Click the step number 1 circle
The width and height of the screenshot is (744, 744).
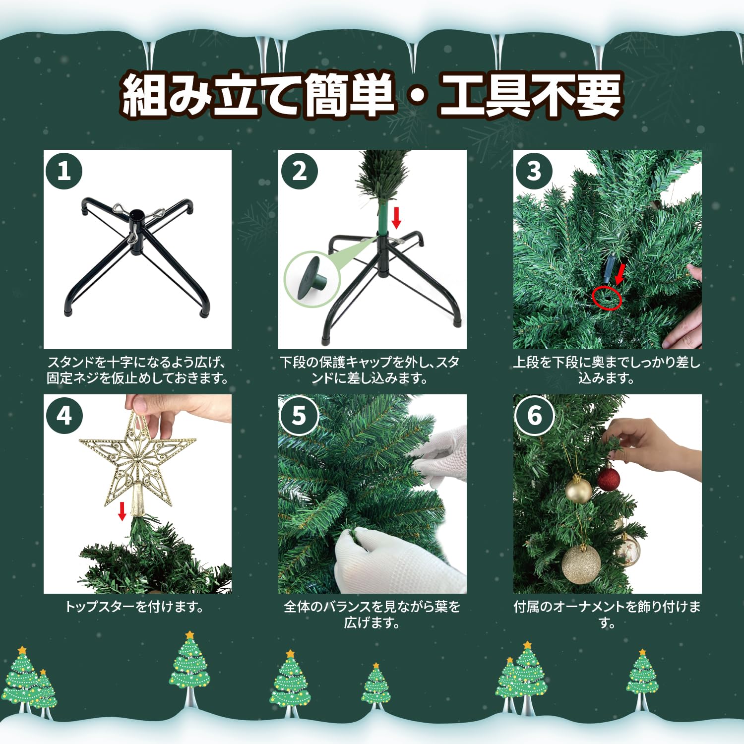coord(63,171)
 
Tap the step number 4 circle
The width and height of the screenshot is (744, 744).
coord(63,416)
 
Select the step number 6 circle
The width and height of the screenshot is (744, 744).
coord(534,416)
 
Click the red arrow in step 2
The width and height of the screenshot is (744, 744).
coord(396,218)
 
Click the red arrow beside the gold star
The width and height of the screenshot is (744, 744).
coord(122,511)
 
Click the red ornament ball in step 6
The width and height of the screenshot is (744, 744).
coord(608,479)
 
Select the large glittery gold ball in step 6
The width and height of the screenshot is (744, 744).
coord(581,564)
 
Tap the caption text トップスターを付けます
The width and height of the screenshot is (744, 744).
coord(134,607)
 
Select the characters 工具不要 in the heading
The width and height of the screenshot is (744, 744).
coord(531,95)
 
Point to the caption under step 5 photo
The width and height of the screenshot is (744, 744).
coord(372,615)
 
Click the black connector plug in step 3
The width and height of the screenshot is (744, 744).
coord(611,265)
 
